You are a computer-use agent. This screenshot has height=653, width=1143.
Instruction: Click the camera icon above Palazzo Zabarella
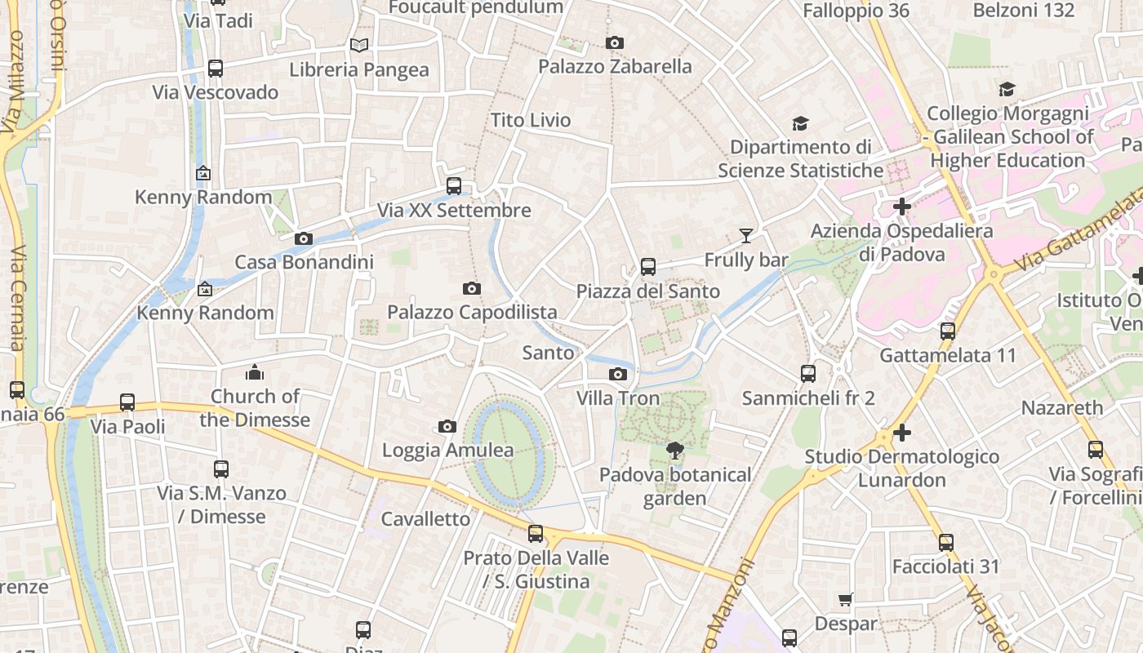615,42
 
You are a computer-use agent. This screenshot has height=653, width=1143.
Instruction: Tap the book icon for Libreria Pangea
359,46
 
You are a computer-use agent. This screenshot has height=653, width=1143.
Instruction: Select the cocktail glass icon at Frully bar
746,236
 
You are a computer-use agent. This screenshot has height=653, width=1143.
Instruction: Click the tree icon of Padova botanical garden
674,450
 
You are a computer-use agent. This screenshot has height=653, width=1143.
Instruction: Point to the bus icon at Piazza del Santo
648,267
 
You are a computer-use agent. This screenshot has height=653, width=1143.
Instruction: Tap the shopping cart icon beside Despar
846,600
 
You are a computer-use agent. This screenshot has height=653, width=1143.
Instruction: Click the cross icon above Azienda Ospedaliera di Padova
902,207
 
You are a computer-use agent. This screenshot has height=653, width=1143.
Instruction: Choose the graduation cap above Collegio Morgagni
1007,90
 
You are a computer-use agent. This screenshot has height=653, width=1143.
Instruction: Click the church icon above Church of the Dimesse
255,372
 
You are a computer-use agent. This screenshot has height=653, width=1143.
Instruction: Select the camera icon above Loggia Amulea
447,427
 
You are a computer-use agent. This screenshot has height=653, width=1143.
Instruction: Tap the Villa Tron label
618,398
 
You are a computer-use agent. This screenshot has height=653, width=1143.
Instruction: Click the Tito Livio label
531,120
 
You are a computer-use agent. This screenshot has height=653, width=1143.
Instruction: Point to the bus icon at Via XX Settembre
454,186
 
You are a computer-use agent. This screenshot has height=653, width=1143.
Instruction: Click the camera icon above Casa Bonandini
304,239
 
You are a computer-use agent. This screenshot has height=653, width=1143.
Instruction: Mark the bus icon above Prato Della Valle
536,534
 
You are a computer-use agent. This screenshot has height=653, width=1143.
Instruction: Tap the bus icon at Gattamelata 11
948,331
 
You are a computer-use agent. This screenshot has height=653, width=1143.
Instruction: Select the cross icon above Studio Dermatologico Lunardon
902,433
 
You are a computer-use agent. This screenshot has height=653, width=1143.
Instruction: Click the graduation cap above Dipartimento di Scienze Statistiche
800,124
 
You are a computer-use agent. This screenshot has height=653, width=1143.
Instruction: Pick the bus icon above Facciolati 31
945,542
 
